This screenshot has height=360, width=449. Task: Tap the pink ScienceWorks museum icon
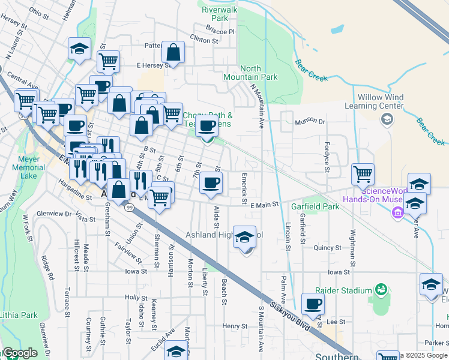coord(396,212)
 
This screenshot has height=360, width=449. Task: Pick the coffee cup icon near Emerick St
coord(210,182)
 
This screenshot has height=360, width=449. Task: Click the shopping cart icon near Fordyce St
coord(363,174)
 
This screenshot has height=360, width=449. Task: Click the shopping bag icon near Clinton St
coord(173,53)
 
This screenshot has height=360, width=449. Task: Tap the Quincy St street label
coord(327,247)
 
